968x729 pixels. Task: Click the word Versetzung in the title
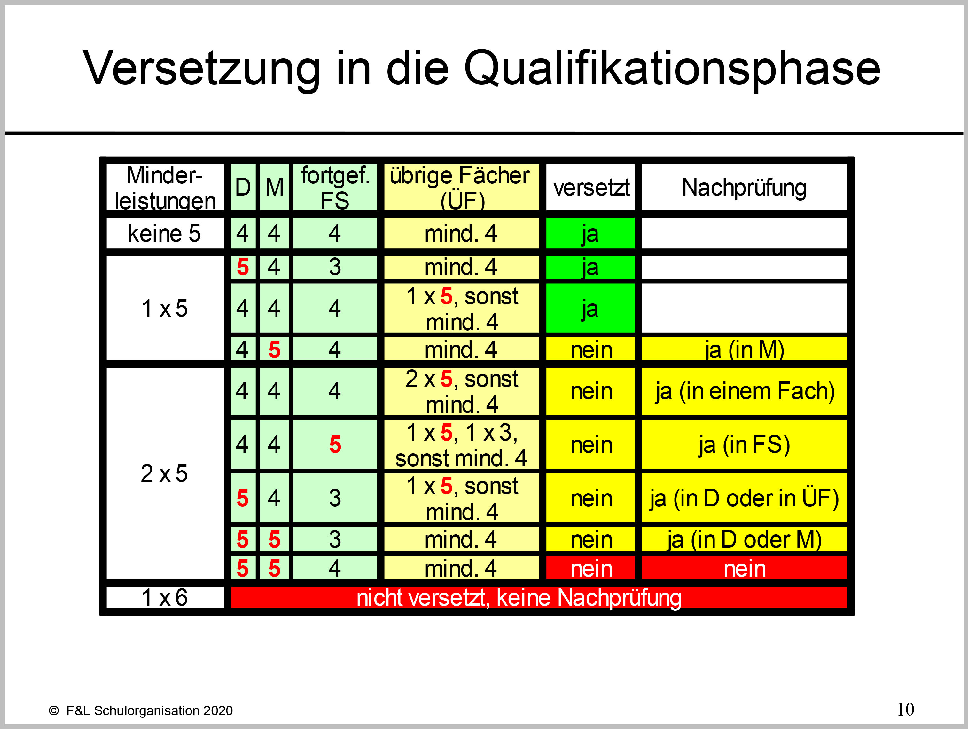tap(202, 68)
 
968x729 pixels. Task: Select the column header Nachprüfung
tap(744, 188)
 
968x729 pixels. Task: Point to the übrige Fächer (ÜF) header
tap(460, 188)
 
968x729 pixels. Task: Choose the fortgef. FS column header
tap(335, 188)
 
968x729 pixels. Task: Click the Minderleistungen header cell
tap(165, 188)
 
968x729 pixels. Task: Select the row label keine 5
tap(165, 233)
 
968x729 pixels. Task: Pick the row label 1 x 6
tap(165, 597)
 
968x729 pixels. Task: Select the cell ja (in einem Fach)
tap(744, 391)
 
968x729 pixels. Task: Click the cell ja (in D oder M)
tap(744, 539)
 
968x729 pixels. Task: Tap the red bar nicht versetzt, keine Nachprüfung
tap(539, 597)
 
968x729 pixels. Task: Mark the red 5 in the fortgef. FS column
tap(335, 445)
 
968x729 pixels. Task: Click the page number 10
tap(905, 709)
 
